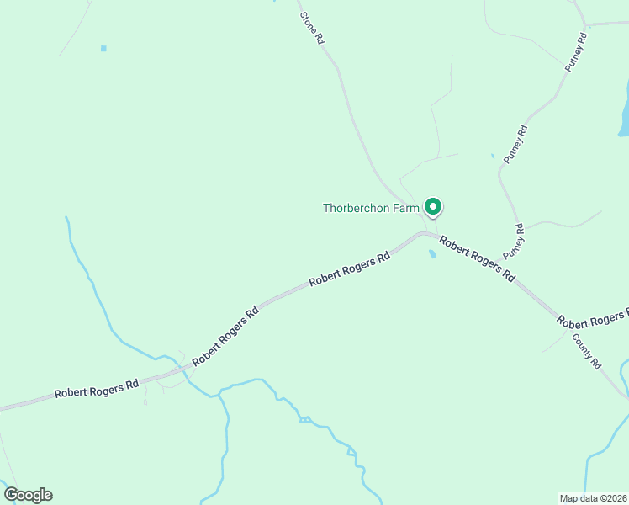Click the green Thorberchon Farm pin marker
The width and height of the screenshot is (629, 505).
point(433,206)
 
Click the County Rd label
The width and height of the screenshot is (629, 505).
point(587,352)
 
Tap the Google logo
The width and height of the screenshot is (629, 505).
point(28,495)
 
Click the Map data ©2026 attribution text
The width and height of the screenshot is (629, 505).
point(593,497)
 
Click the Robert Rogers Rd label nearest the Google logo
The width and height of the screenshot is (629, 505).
point(96,390)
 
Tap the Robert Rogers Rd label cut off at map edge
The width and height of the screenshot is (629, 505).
point(592,318)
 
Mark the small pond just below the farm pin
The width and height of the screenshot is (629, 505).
point(431,253)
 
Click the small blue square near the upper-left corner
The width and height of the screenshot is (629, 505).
point(103,49)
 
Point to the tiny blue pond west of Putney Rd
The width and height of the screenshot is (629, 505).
point(492,156)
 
